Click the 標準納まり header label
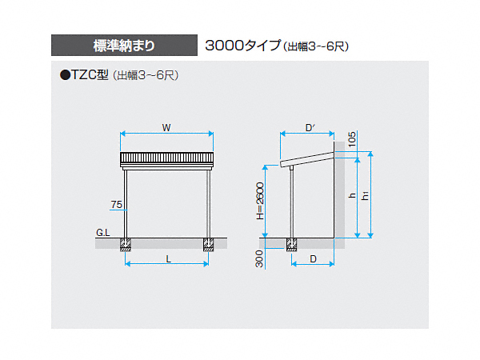[124, 46]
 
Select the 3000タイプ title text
[242, 46]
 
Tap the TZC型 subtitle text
[90, 74]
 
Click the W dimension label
[166, 128]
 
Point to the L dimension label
[168, 259]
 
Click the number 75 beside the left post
[117, 205]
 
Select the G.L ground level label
[103, 233]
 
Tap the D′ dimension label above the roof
[310, 128]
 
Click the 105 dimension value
[352, 139]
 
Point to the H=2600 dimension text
[260, 201]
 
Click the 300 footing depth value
[259, 258]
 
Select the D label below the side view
[313, 259]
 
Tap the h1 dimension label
[365, 195]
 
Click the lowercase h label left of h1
[352, 195]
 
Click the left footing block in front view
[126, 245]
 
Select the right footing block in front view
[209, 245]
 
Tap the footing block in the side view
[292, 245]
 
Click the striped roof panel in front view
[167, 158]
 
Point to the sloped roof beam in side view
[306, 159]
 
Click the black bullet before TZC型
[66, 75]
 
